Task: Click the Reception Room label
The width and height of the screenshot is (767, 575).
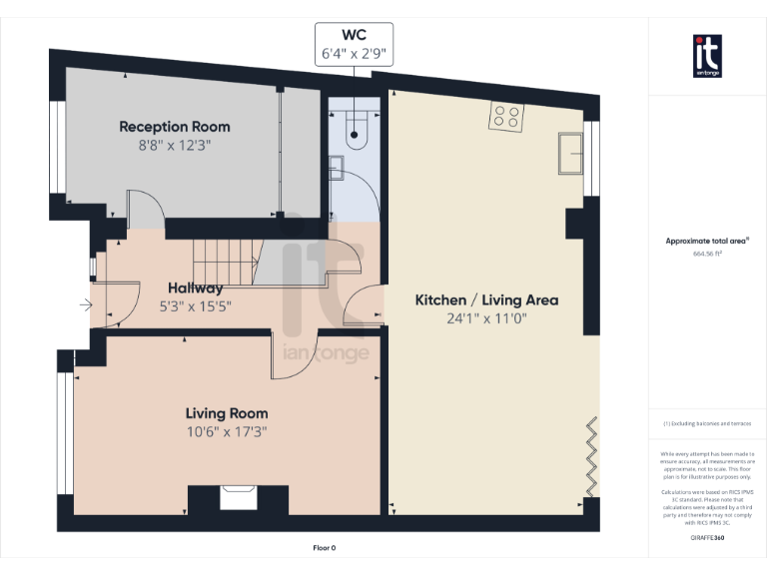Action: [x=175, y=127]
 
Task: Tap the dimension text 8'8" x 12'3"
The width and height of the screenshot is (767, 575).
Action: [x=175, y=145]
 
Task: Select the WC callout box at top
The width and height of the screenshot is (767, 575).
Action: [x=354, y=46]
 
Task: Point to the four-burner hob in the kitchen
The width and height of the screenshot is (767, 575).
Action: [x=505, y=118]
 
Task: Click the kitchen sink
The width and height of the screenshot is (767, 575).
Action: [x=570, y=152]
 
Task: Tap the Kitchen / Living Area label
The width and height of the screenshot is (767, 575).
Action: [x=486, y=299]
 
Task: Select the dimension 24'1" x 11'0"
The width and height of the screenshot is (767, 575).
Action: [x=486, y=318]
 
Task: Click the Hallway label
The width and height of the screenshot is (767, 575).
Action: [x=195, y=287]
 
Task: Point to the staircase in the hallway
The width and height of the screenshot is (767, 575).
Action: [x=225, y=262]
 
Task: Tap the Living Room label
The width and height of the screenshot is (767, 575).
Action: [x=227, y=413]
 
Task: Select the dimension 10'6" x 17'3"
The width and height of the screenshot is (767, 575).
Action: [x=227, y=432]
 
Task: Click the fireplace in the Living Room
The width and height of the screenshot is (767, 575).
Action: [x=238, y=496]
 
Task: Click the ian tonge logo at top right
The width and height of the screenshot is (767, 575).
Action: [x=707, y=55]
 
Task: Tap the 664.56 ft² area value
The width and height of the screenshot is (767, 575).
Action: [x=707, y=254]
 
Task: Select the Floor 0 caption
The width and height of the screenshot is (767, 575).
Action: [x=325, y=548]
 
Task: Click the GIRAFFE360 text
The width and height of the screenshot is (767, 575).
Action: [x=707, y=537]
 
